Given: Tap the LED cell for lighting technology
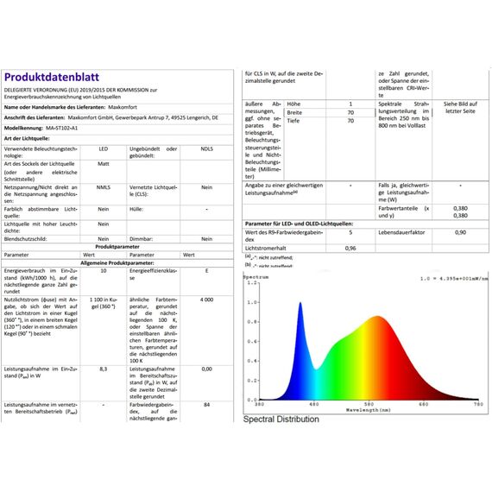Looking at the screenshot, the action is (x=103, y=149).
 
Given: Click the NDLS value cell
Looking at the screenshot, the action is (x=206, y=149).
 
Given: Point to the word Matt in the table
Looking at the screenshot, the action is (x=103, y=163).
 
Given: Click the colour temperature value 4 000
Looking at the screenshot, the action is (x=206, y=299).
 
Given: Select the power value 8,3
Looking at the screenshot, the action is (x=104, y=369).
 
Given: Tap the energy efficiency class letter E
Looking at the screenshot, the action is (x=206, y=271).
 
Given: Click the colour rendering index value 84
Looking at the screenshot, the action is (x=206, y=404).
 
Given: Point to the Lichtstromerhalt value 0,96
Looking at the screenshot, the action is (x=350, y=248).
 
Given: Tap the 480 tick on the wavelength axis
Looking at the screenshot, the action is (x=313, y=404).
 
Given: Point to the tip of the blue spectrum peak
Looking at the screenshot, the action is (x=300, y=303).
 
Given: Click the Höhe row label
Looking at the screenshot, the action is (x=294, y=104).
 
